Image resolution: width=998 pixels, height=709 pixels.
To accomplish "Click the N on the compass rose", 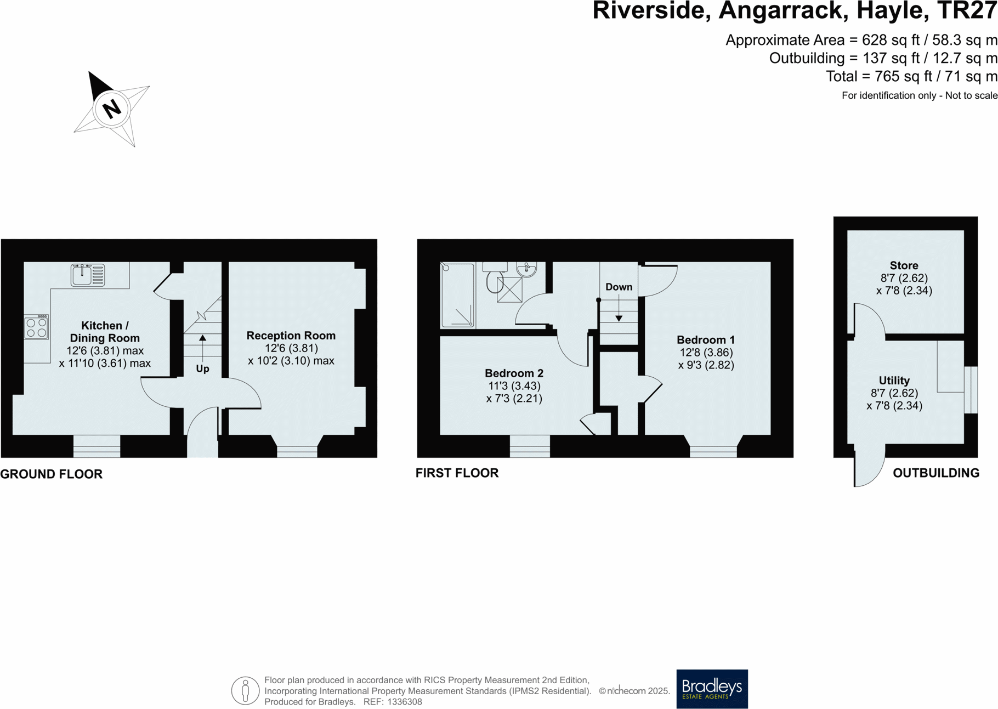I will tap(111, 108).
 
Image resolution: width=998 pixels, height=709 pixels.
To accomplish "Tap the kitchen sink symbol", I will tap(88, 275).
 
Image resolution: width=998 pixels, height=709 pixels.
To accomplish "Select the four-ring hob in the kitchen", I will tap(36, 327).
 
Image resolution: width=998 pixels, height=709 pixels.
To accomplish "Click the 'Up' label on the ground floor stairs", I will tap(202, 368).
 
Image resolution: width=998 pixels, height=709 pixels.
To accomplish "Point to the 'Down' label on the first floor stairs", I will tap(619, 287).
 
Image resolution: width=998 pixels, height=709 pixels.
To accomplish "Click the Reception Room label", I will tap(291, 336).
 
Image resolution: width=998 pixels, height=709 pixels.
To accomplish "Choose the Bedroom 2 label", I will tap(514, 373).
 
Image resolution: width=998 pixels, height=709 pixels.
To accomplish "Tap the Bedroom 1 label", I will tap(705, 340).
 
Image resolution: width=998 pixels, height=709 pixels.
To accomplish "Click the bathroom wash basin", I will tap(526, 269).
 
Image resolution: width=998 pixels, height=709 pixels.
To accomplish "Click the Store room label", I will tap(904, 265).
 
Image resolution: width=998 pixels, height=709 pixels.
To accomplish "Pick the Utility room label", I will tap(894, 381).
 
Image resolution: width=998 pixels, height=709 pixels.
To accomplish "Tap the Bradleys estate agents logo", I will tap(712, 689).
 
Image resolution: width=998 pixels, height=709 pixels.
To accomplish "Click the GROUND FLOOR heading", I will tap(52, 474).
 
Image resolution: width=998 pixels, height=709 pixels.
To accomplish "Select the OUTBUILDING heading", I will tap(935, 473).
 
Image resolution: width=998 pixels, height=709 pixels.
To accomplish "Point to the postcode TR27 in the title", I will tap(966, 11).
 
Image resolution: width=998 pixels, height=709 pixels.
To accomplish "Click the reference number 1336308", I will tap(404, 702).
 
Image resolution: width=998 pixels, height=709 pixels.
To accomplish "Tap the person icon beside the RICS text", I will tap(245, 690).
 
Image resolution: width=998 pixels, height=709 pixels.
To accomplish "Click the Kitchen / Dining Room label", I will tap(105, 332).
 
